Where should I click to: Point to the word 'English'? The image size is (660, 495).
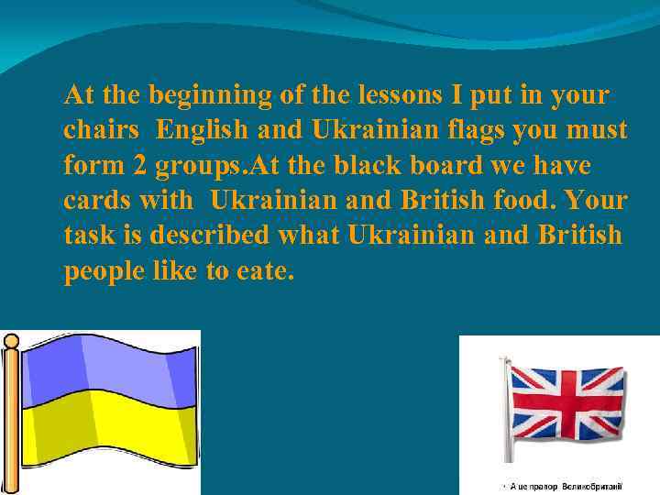tap(202, 131)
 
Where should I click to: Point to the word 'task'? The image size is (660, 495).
tap(90, 236)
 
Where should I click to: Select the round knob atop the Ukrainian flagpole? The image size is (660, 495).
tap(11, 342)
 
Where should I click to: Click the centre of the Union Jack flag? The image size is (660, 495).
tap(566, 403)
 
